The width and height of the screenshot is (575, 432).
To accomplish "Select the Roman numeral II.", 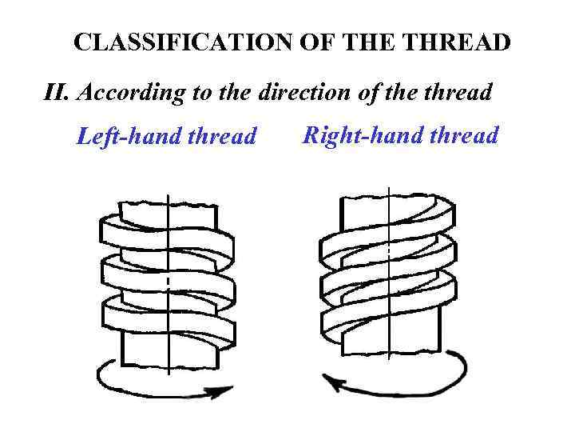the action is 55,94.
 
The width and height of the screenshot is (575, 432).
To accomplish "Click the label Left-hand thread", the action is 166,138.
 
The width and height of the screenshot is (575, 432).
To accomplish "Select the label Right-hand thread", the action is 399,135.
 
